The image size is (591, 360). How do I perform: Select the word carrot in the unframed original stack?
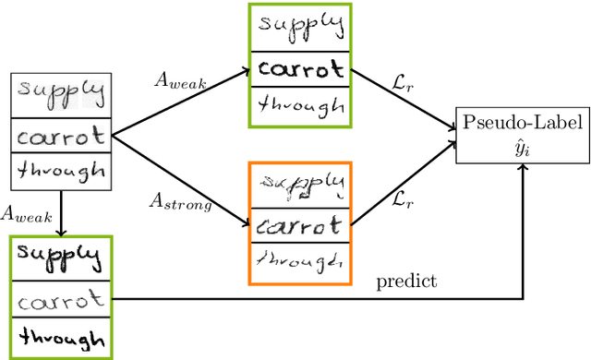click(x=61, y=138)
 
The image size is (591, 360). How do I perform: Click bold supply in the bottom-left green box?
click(x=59, y=254)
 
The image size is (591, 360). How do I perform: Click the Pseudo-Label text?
click(x=523, y=123)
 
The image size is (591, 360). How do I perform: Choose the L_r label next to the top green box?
click(x=398, y=81)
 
